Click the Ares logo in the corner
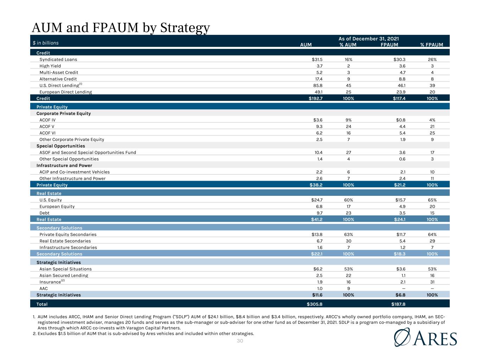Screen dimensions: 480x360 pos(425,337)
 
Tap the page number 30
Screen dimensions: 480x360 pos(240,341)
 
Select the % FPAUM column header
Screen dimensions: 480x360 pos(431,45)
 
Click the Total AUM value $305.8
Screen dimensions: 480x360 pos(314,304)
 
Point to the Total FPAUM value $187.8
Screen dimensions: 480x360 pos(398,304)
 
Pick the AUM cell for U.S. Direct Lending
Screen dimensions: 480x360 pos(318,85)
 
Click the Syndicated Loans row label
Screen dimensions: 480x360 pos(58,59)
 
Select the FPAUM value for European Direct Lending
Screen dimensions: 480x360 pos(401,92)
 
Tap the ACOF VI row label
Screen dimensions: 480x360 pos(47,133)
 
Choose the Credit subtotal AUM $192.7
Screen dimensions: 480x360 pos(315,98)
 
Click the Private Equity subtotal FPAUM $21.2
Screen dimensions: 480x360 pos(399,185)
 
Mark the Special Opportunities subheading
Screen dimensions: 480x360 pos(60,146)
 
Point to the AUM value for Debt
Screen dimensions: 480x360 pos(320,213)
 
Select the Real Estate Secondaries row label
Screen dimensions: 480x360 pos(65,241)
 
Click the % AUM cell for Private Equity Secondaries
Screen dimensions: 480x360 pos(348,234)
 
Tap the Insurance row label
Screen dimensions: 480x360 pos(52,282)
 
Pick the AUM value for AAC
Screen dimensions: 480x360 pos(320,289)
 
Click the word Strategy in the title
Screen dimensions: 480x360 pos(185,28)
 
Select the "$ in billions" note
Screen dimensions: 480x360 pos(46,43)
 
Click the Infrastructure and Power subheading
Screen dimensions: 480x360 pos(64,166)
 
